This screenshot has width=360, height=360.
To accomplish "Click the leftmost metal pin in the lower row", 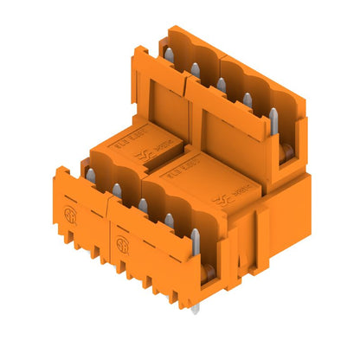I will [89, 176].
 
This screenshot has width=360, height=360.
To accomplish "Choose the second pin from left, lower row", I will [116, 190].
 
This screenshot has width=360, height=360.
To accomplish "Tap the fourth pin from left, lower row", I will [169, 221].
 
